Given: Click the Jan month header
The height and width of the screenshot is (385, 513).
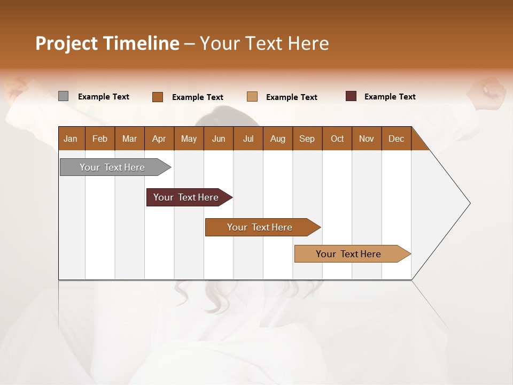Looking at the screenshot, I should [71, 138].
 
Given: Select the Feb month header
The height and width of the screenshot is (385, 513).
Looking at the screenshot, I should [100, 138].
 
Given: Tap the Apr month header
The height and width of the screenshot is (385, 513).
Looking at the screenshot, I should [159, 138].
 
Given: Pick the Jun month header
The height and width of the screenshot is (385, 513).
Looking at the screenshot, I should [219, 138].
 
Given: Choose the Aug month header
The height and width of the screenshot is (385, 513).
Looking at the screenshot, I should [277, 138].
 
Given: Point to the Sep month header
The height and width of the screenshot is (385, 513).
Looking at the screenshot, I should [307, 138].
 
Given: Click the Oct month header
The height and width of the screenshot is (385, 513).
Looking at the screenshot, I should [337, 138].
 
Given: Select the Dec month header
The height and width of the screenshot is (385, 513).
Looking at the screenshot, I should [396, 138].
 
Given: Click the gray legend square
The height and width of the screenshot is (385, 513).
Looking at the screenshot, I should [63, 96].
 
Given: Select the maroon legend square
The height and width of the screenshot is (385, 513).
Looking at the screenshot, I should [351, 96].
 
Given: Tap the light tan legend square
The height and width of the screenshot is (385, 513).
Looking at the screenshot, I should [252, 97].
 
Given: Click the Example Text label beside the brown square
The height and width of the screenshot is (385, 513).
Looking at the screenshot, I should [197, 97].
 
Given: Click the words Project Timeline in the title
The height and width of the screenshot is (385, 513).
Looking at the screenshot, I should [107, 43].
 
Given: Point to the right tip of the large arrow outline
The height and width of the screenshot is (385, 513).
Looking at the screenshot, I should [470, 203].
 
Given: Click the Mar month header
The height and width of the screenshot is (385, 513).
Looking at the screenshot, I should [129, 138].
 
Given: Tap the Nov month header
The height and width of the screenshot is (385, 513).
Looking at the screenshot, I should [367, 138].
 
